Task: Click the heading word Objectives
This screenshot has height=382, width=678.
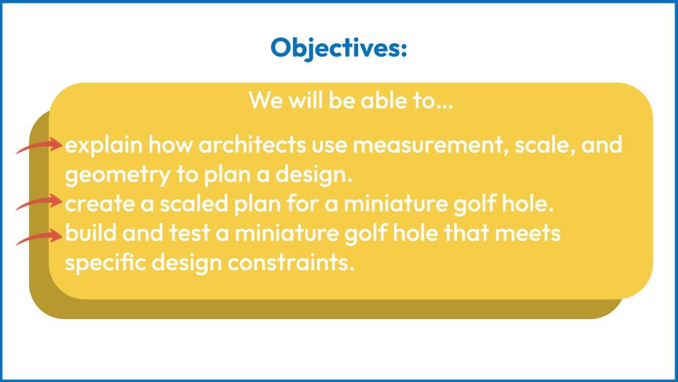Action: [338, 47]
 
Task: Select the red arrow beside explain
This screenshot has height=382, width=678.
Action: [40, 146]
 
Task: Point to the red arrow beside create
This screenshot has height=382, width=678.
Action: [40, 202]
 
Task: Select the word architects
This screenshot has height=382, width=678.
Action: [252, 144]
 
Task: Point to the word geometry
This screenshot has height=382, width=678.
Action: [118, 175]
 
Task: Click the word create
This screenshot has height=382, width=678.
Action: [100, 204]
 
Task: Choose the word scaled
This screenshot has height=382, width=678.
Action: [194, 203]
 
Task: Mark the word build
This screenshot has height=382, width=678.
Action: [91, 233]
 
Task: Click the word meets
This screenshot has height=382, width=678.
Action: [528, 233]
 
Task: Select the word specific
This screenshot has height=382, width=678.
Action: [105, 262]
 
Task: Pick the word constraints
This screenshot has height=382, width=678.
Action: [291, 263]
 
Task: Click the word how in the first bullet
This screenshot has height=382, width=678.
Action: [170, 144]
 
